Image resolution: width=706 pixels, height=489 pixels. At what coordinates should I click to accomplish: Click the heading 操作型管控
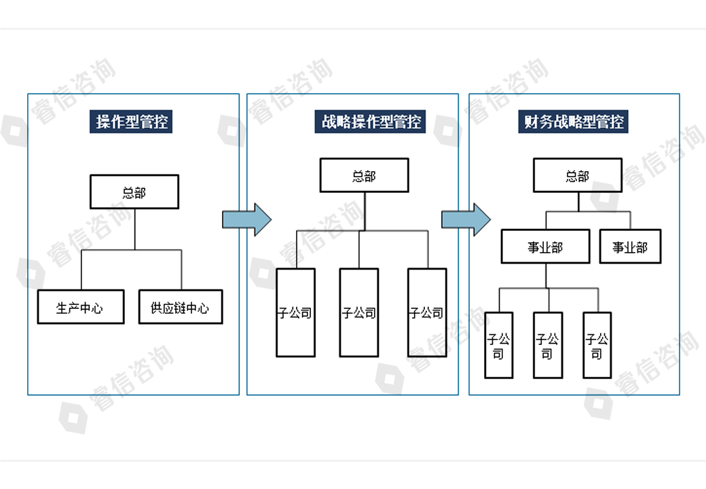(x=132, y=122)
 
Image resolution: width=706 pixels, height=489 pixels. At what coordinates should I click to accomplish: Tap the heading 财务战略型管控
(x=574, y=122)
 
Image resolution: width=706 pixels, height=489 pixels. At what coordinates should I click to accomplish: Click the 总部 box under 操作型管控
(x=134, y=192)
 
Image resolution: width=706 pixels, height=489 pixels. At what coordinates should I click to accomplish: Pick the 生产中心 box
(x=81, y=308)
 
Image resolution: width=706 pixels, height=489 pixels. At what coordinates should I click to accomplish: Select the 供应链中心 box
(x=181, y=308)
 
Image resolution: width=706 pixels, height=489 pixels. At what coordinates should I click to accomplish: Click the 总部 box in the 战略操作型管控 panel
(x=365, y=176)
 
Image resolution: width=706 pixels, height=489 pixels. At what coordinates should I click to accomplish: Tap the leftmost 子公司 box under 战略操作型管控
(x=295, y=313)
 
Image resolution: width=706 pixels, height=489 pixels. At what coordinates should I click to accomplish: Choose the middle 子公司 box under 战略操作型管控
(x=359, y=313)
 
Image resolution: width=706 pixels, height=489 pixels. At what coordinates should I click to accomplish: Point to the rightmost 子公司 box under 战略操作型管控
(x=427, y=313)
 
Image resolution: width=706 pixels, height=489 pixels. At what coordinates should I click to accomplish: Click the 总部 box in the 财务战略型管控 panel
(x=578, y=176)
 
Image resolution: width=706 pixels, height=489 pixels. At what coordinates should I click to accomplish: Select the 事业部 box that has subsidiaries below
(x=545, y=247)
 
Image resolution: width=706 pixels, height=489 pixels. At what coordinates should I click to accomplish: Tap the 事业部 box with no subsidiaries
(x=630, y=247)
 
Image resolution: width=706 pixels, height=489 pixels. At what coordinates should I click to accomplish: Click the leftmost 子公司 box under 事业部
(x=498, y=345)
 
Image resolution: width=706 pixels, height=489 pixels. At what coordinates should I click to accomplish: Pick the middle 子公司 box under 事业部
(x=547, y=345)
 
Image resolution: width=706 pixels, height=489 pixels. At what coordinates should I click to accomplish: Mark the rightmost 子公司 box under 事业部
(x=597, y=345)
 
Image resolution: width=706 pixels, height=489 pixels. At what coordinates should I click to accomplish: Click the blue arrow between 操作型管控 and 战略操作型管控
(x=246, y=219)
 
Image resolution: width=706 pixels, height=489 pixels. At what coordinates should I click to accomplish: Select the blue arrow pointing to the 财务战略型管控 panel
(x=466, y=219)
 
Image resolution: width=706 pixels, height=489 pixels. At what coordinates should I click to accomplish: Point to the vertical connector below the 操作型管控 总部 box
(x=134, y=229)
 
